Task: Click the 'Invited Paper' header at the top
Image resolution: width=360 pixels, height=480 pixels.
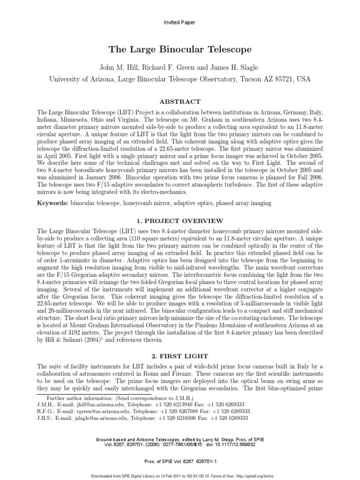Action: (180, 22)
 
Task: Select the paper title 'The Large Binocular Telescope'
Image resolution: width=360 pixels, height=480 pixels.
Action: (180, 49)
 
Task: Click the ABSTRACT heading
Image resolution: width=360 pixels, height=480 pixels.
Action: (180, 101)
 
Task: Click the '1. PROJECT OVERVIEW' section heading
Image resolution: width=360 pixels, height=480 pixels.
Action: (180, 221)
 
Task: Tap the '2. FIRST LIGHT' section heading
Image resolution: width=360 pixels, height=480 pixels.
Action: (180, 356)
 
